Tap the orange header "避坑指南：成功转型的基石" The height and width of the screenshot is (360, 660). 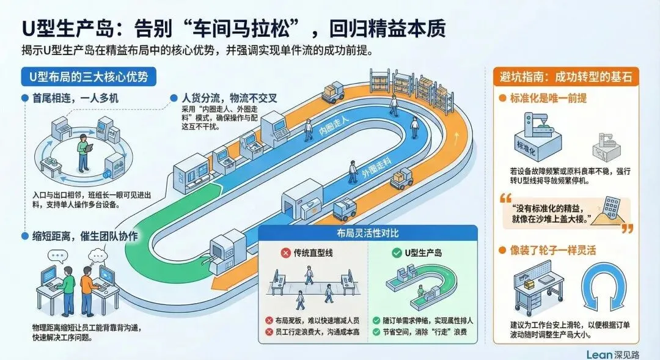pos(565,78)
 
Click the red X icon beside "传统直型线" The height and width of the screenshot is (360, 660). pos(284,252)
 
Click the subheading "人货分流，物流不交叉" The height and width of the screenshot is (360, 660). pos(230,97)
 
